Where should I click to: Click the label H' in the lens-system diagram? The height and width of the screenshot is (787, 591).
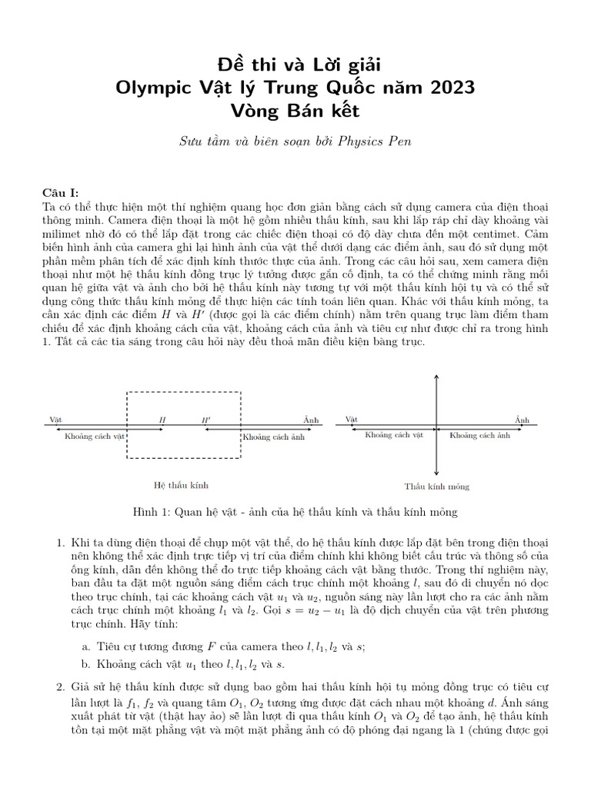[205, 420]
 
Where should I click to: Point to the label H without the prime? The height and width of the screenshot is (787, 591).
[162, 420]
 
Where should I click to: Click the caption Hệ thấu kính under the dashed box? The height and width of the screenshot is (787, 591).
[182, 485]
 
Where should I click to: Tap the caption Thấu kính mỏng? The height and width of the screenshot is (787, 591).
[437, 486]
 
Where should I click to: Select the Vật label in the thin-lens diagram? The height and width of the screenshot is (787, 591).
[352, 420]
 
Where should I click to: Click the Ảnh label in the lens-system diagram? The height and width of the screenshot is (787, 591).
[310, 420]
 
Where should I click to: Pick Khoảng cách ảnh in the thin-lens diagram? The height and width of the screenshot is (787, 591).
[480, 435]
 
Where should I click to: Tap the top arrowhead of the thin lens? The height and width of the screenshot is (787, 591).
[437, 377]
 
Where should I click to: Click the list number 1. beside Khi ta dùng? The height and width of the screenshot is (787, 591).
[61, 543]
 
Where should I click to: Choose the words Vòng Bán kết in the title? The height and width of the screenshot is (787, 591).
[295, 111]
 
